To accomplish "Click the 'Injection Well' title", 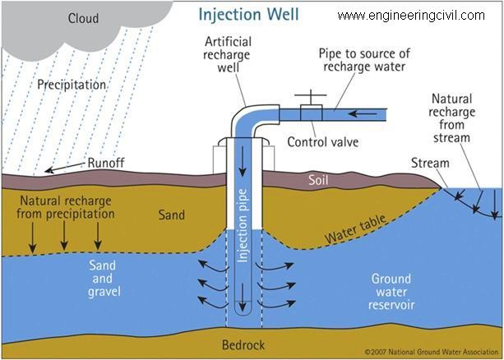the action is point(248,14).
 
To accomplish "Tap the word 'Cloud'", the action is point(84,18).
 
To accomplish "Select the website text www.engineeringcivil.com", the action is point(411,16).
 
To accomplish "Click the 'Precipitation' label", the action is point(72,85).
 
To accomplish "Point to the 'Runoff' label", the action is point(106,164).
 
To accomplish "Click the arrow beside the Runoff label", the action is point(66,168).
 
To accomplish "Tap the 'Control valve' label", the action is point(323,142).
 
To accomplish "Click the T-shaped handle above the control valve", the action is point(311,97).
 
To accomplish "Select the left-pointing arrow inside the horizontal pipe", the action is point(363,113).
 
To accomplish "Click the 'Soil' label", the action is point(318,180).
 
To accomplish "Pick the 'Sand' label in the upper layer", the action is point(171,215).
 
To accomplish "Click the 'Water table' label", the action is point(355,229).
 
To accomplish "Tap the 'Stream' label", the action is point(430,164).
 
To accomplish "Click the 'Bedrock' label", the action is point(243,345).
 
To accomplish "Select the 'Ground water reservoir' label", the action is point(391,292).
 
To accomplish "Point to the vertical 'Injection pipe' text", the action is point(243,226).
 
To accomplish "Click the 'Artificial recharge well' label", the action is point(227,54).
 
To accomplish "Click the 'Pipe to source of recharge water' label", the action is point(364,60).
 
